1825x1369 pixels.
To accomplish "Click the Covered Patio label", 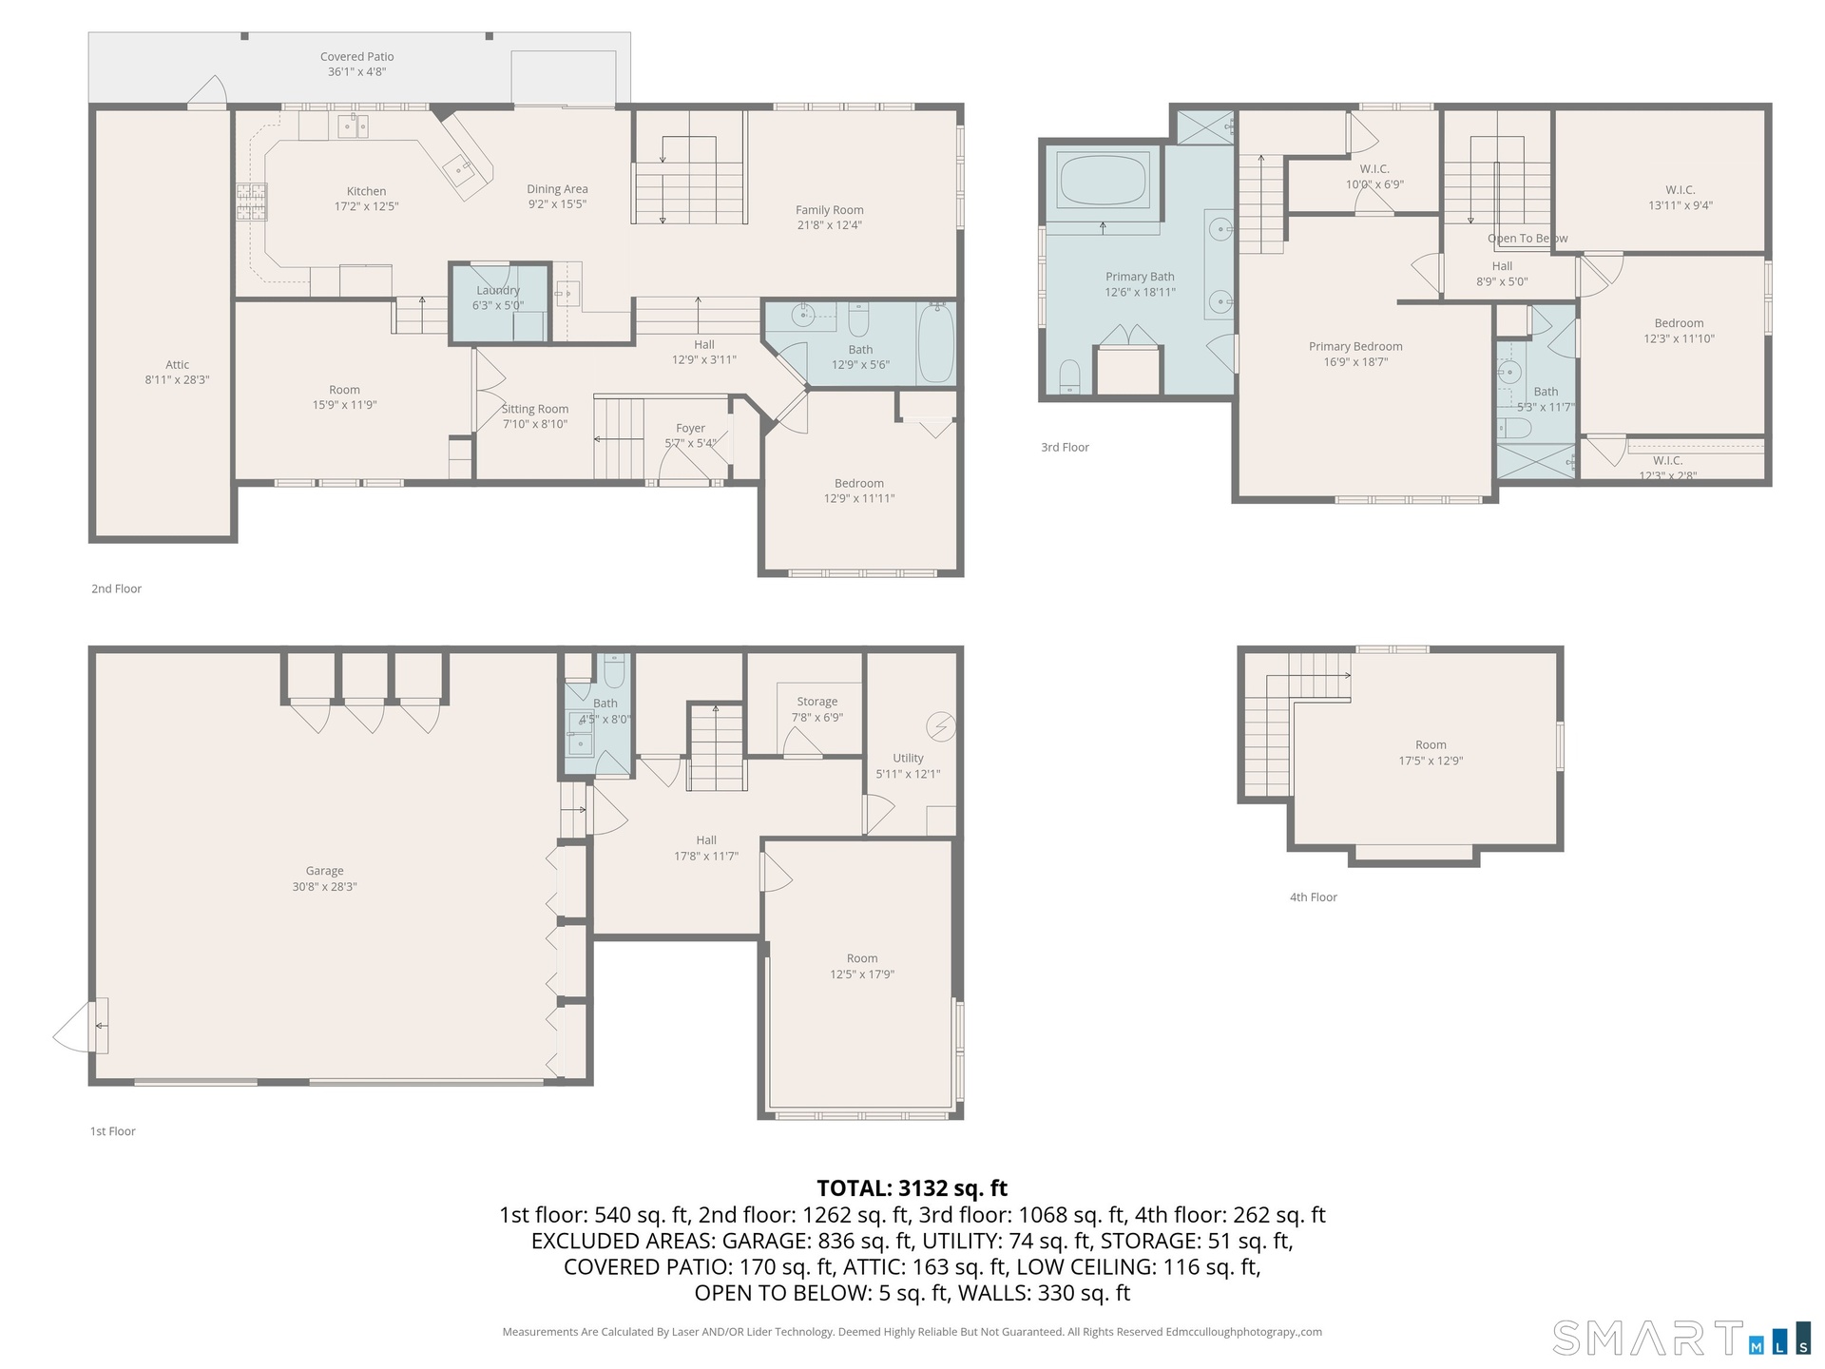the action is click(356, 57).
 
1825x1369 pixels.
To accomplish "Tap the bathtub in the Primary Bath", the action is click(1103, 180).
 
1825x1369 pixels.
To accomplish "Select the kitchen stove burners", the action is click(251, 202).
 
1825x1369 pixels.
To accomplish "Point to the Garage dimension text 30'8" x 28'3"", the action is click(324, 887).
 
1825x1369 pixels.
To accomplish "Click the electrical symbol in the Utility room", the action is click(940, 726).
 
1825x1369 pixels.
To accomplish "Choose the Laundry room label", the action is click(498, 290).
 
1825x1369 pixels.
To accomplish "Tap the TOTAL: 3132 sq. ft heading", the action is click(912, 1188).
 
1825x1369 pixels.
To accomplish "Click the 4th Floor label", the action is click(1313, 897).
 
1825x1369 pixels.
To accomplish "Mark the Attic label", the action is click(177, 364).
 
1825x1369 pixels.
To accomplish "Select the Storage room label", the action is click(816, 702).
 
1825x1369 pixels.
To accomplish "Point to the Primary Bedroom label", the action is click(1355, 347).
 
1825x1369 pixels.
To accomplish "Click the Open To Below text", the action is click(1527, 239).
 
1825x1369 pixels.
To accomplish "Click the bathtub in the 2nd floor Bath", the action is click(936, 342).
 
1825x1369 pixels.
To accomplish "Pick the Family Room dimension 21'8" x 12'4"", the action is click(830, 225).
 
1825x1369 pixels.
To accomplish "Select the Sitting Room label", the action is click(535, 409).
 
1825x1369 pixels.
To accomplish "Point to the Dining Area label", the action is click(557, 189).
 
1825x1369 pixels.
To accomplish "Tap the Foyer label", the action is click(690, 429).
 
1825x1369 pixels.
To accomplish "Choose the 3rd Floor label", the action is click(1065, 448).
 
